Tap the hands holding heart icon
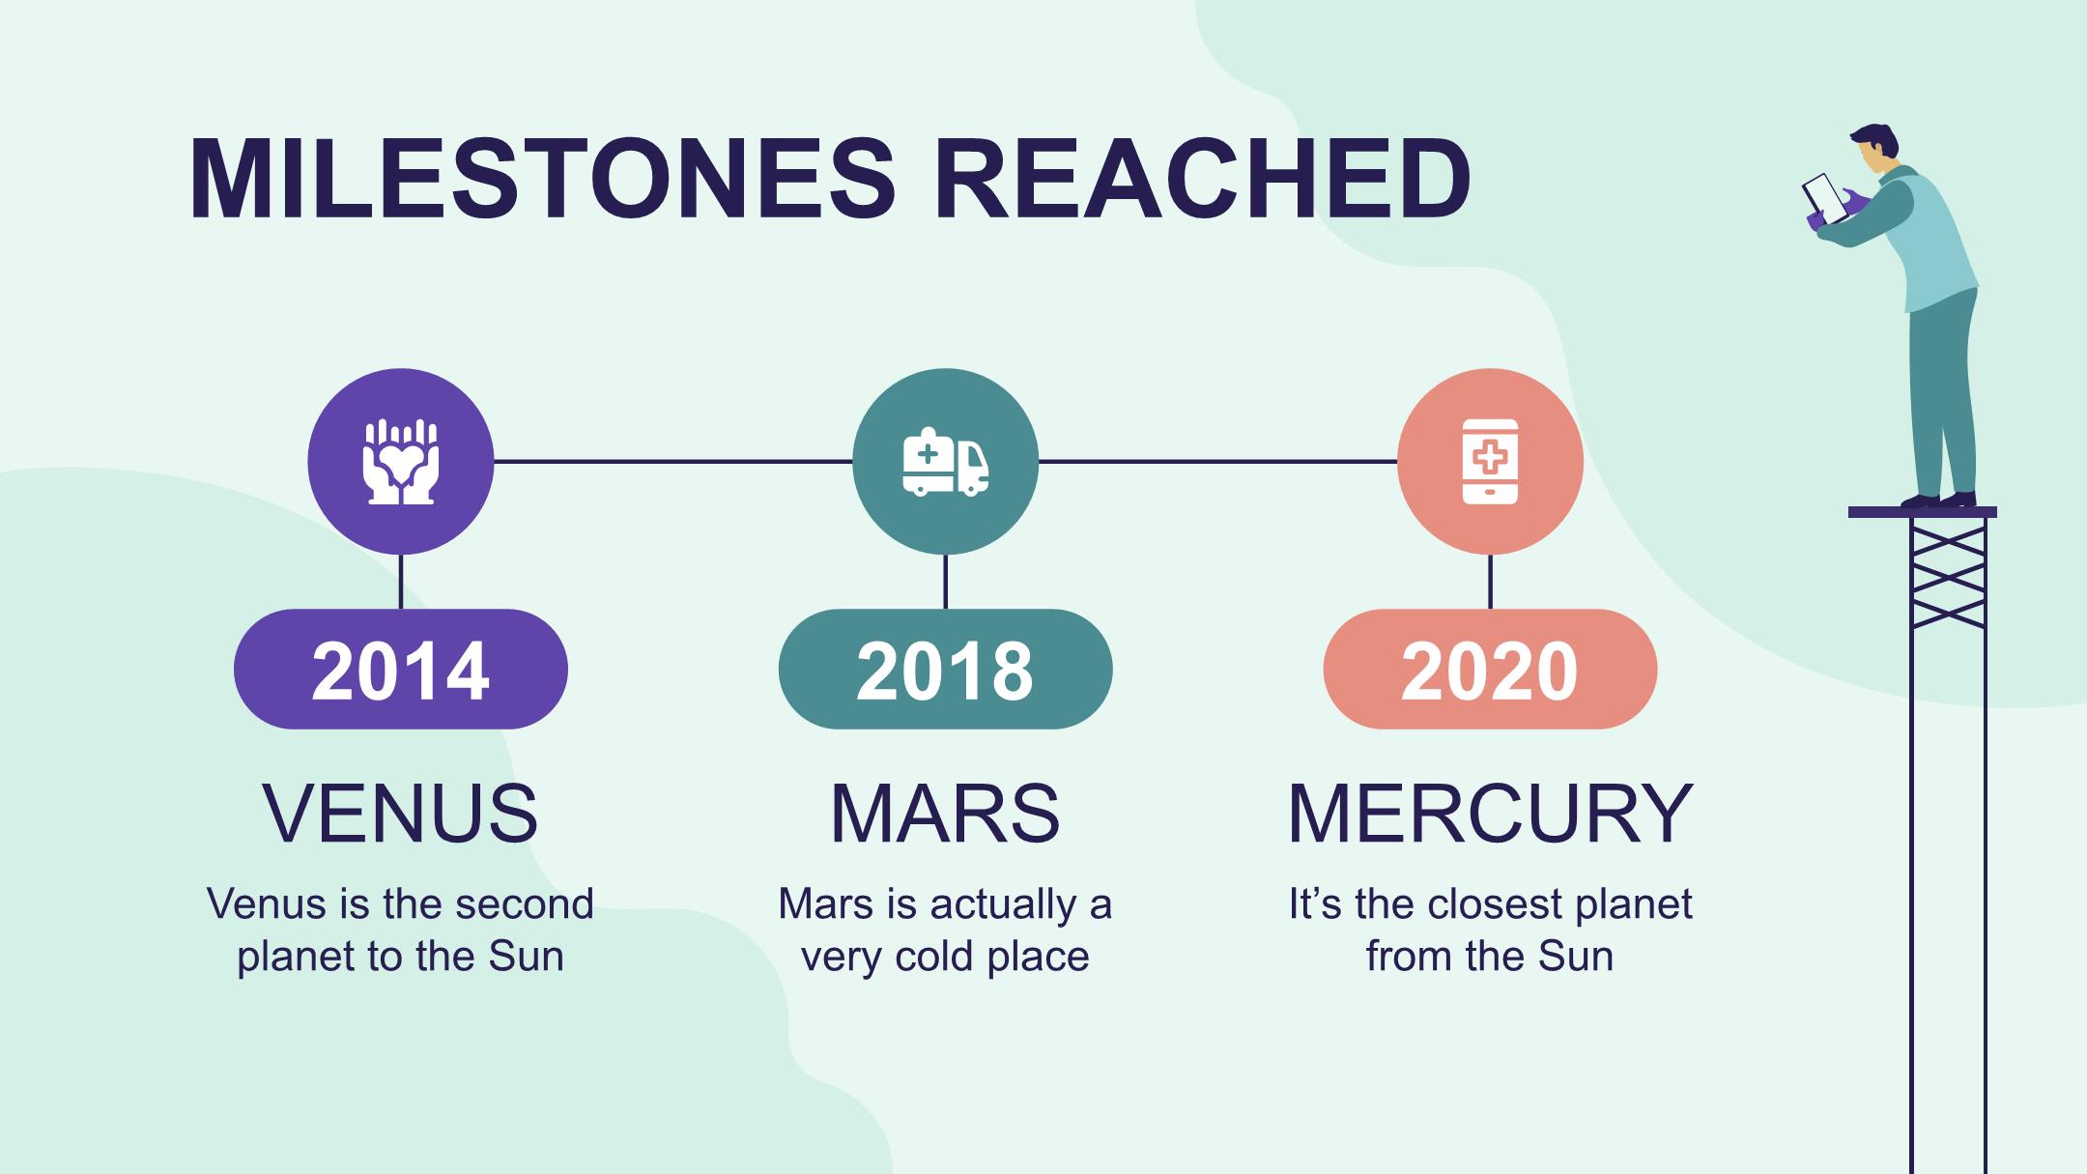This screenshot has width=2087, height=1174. pos(401,462)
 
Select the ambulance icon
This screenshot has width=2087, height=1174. pos(946,462)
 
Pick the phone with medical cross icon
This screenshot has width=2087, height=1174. pos(1490,462)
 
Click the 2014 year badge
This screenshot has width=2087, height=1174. pos(401,669)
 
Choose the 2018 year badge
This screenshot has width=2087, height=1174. pos(946,669)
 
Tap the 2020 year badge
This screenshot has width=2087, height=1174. pos(1490,669)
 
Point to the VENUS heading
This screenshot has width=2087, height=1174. pos(401,814)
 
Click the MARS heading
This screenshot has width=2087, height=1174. pos(946,814)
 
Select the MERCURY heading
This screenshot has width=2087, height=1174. pos(1490,814)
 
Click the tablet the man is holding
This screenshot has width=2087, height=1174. pos(1825,199)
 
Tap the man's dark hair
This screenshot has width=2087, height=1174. pos(1876,140)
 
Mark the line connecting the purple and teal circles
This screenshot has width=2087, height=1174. pos(673,462)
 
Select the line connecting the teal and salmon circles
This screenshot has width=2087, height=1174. pos(1218,462)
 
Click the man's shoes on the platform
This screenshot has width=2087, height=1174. pos(1938,501)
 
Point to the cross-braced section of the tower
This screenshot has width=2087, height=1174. pos(1948,573)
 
